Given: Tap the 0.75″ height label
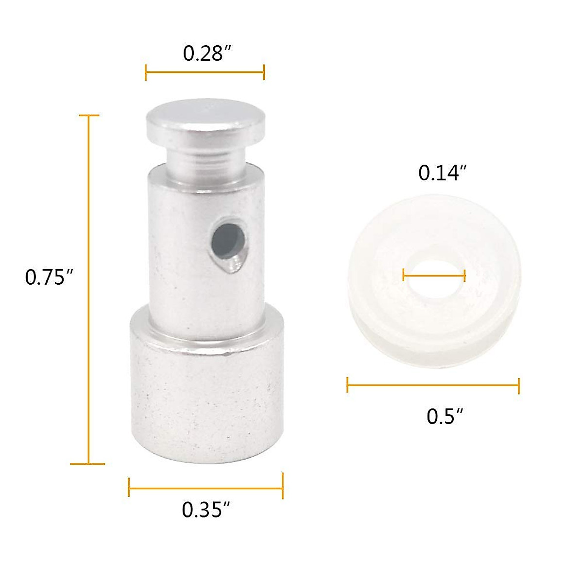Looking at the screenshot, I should [49, 277].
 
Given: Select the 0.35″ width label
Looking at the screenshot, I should [206, 510].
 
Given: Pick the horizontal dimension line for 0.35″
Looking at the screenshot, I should [206, 487].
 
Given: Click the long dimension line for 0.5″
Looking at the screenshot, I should [433, 385].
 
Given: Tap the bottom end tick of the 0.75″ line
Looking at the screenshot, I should [88, 463].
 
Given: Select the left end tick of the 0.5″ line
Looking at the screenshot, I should [348, 385].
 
